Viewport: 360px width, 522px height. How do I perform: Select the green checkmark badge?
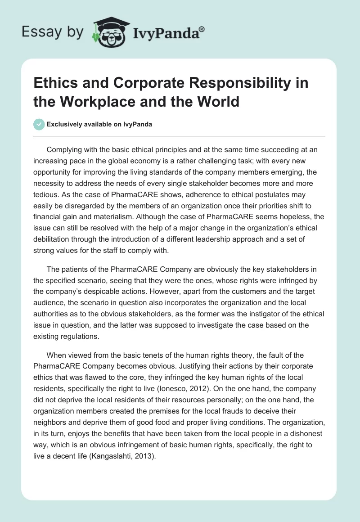(40, 124)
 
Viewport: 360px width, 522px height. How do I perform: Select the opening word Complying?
(64, 149)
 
